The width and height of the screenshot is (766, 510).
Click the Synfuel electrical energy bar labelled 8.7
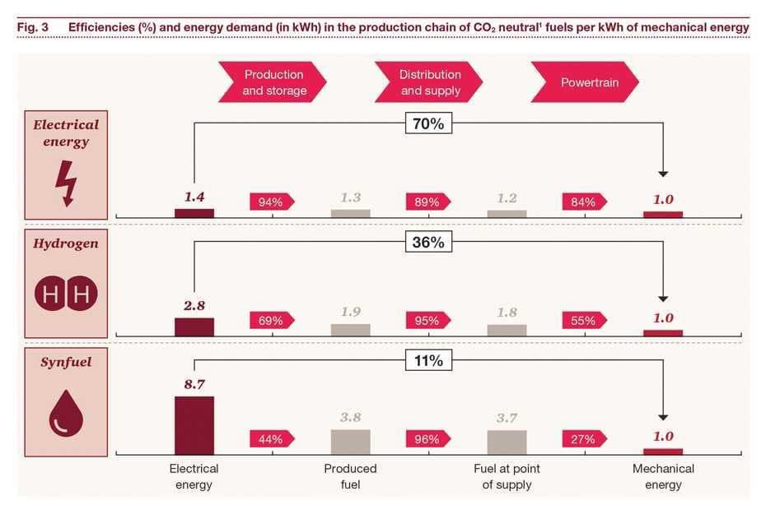(194, 425)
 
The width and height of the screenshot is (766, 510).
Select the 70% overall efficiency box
(428, 124)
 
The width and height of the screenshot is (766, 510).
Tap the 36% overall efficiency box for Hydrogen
(428, 243)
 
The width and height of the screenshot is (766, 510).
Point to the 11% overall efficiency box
(428, 361)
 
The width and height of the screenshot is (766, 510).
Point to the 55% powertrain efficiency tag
(584, 321)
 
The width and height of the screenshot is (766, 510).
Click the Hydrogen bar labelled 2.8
(194, 327)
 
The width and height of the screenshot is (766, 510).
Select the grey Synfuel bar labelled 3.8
(350, 442)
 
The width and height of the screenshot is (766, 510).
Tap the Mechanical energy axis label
(663, 476)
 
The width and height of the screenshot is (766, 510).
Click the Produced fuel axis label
(350, 476)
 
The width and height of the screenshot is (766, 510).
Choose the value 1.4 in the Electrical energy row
(194, 197)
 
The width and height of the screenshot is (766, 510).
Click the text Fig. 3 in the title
(33, 27)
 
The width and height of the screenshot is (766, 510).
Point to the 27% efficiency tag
(584, 439)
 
